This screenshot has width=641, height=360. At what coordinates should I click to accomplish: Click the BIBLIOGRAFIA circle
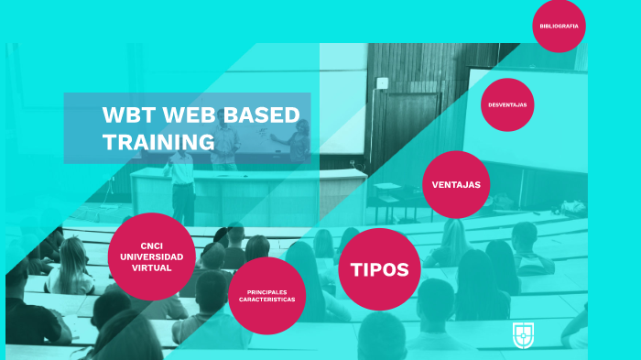[x=559, y=26]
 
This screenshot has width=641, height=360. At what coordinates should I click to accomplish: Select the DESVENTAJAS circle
[x=507, y=105]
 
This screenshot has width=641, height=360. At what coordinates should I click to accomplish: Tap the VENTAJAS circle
[x=456, y=185]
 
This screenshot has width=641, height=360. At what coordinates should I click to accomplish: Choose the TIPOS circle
[x=379, y=269]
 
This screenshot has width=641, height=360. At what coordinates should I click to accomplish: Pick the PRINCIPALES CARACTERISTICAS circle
[x=266, y=295]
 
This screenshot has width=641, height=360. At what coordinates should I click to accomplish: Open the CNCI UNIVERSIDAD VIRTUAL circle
[x=151, y=256]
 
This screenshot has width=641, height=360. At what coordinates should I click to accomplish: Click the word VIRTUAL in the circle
[x=151, y=267]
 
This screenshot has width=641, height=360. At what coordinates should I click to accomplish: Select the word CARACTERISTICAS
[x=266, y=300]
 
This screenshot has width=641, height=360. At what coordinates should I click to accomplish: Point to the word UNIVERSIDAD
[x=151, y=256]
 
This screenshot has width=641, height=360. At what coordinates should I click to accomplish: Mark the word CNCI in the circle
[x=151, y=245]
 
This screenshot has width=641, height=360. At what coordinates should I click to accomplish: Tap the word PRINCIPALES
[x=266, y=291]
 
